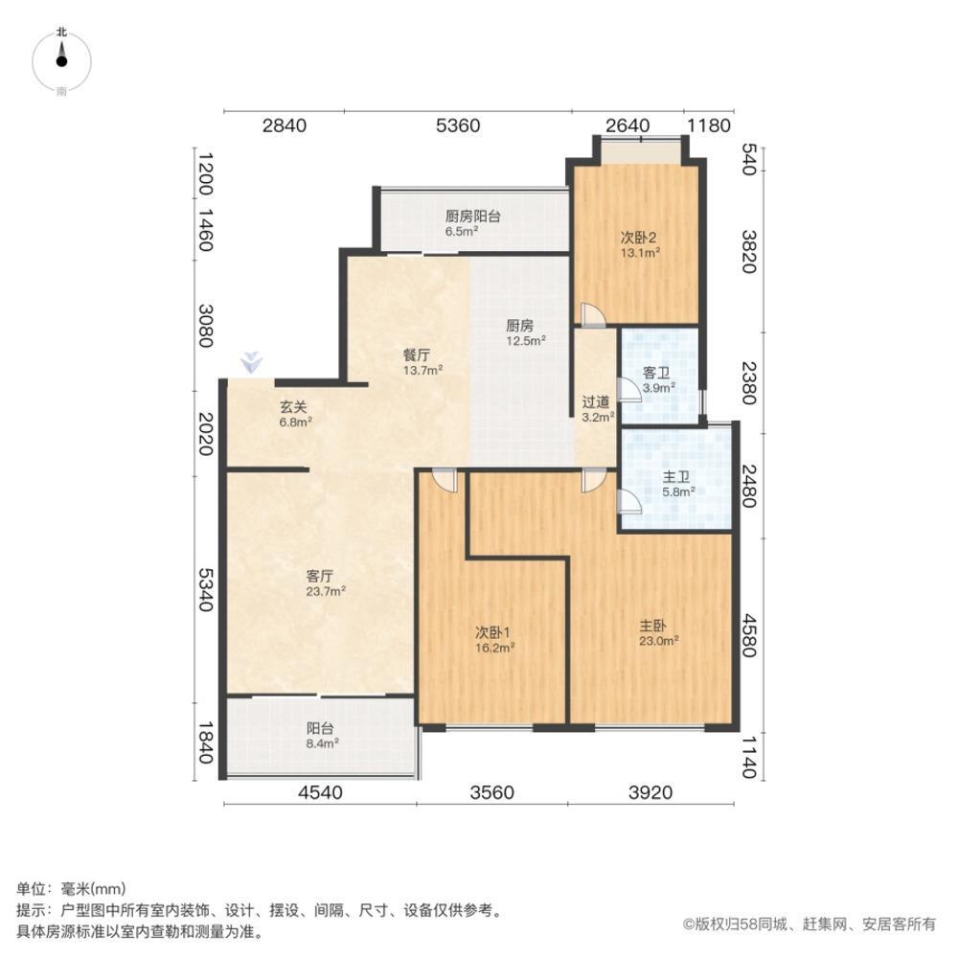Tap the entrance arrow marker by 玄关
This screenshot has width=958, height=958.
(251, 363)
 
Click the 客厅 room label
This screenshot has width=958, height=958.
(319, 576)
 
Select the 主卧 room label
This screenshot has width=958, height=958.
(653, 625)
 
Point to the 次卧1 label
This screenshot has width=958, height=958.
(494, 632)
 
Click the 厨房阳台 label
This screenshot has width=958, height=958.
(473, 217)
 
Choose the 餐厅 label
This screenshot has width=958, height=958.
(416, 354)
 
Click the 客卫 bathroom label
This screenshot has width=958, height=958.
(658, 373)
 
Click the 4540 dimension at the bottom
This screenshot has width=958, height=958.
(319, 792)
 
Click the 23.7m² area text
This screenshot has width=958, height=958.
(326, 591)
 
